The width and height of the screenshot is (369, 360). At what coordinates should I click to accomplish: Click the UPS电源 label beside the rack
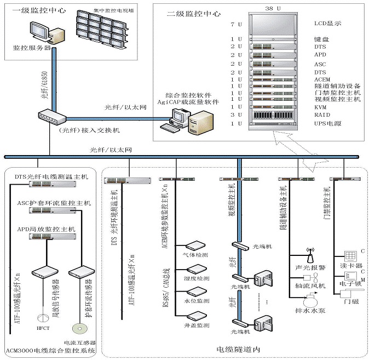tap(327, 124)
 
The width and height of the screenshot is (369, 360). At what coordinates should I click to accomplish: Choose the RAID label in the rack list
tap(321, 116)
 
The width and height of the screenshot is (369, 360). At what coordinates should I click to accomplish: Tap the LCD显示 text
tap(327, 25)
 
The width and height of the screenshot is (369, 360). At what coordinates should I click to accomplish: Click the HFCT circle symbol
tap(42, 317)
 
